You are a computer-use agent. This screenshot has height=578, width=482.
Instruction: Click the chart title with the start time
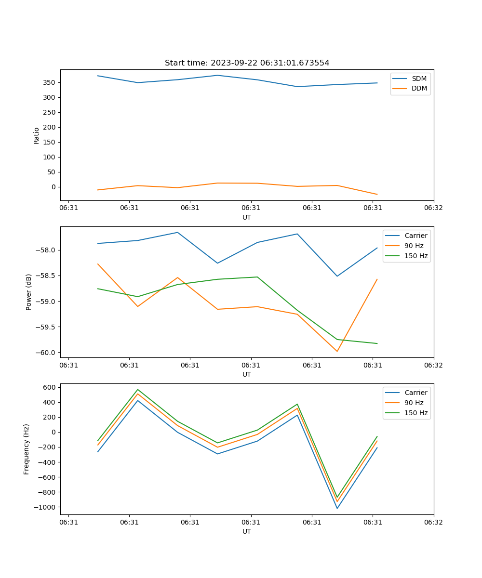[x=247, y=63]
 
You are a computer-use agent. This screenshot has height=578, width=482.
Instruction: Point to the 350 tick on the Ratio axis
[x=50, y=82]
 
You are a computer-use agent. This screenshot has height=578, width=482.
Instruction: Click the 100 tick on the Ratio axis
[x=50, y=157]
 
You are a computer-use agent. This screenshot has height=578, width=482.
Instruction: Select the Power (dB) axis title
[x=29, y=292]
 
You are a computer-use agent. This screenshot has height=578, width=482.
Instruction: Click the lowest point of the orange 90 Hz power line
[x=337, y=351]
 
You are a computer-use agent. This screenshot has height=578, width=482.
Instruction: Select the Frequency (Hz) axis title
[x=27, y=449]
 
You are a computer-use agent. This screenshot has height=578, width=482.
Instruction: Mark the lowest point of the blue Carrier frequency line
[x=337, y=508]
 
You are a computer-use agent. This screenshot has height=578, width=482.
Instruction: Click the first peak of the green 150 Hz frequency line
[x=138, y=390]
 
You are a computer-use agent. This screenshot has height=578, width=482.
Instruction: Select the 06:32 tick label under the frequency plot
[x=433, y=522]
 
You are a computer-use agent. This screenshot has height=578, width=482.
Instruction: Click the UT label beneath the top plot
[x=247, y=217]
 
